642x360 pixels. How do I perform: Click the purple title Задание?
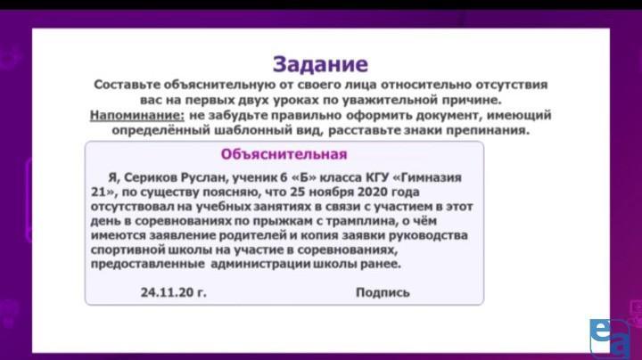coord(321,64)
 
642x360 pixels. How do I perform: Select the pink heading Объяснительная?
coord(284,154)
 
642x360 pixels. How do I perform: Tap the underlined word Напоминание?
coord(137,115)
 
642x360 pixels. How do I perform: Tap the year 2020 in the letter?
coord(373,192)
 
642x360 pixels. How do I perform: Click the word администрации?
coord(260,264)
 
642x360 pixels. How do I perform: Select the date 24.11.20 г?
coord(174,292)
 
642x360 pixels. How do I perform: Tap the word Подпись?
coord(383,292)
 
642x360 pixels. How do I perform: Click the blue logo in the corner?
coord(610,338)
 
